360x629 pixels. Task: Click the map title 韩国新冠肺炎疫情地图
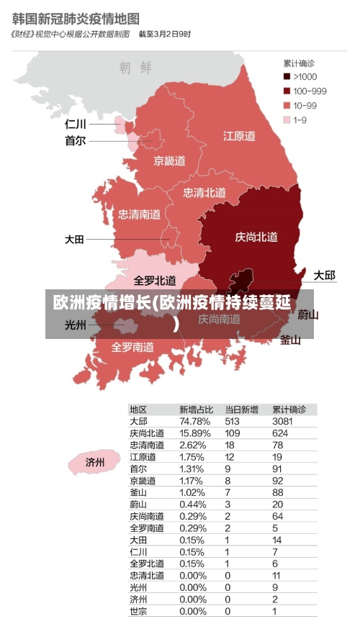76,17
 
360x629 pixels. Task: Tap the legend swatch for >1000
287,76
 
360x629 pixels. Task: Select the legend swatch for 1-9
287,119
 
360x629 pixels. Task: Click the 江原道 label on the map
239,135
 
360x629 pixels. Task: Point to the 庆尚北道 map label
256,237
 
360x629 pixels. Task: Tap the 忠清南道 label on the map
139,214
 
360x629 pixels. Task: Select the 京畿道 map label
169,160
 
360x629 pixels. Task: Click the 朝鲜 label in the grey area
136,68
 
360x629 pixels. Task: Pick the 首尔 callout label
75,141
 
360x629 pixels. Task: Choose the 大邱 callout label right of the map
324,275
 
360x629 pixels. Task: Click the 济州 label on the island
95,461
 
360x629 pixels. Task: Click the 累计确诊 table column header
289,409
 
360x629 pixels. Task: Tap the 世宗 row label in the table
138,611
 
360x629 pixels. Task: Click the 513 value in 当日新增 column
232,421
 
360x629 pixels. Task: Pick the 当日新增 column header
241,409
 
